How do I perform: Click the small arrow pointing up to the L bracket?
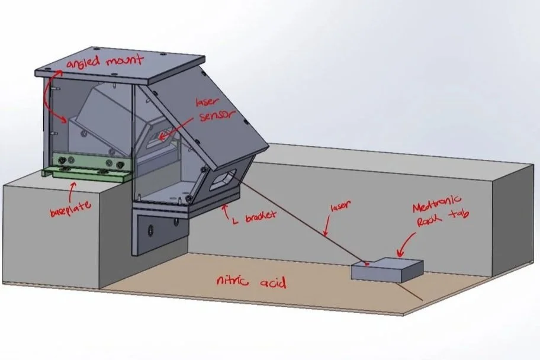tap(225, 208)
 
